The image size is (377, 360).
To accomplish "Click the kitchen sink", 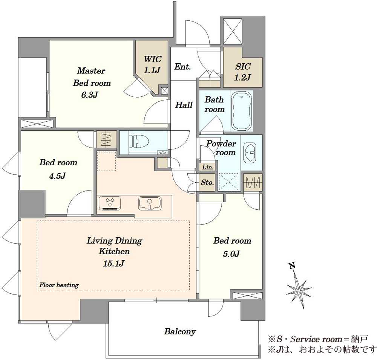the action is click(150, 203).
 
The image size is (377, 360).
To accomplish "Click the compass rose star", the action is click(299, 291).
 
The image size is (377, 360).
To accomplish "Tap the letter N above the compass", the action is click(292, 265).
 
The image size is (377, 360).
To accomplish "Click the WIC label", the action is click(152, 59).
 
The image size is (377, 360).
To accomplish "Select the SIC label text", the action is click(243, 66).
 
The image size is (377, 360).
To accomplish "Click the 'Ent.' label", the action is click(182, 67).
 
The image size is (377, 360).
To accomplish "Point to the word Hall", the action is click(184, 105).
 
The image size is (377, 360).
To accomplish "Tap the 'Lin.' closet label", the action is click(208, 167).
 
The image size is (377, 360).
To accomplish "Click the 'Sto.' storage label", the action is click(207, 182).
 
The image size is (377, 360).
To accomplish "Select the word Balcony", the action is click(180, 332).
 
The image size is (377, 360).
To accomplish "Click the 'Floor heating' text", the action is click(59, 285).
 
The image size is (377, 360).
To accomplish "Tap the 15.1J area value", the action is click(113, 264).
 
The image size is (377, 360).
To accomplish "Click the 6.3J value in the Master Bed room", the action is click(89, 95).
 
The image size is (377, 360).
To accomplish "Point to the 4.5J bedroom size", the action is click(57, 176).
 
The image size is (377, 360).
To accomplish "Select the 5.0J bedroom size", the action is click(231, 253).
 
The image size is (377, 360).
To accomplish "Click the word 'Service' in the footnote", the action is click(305, 339).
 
